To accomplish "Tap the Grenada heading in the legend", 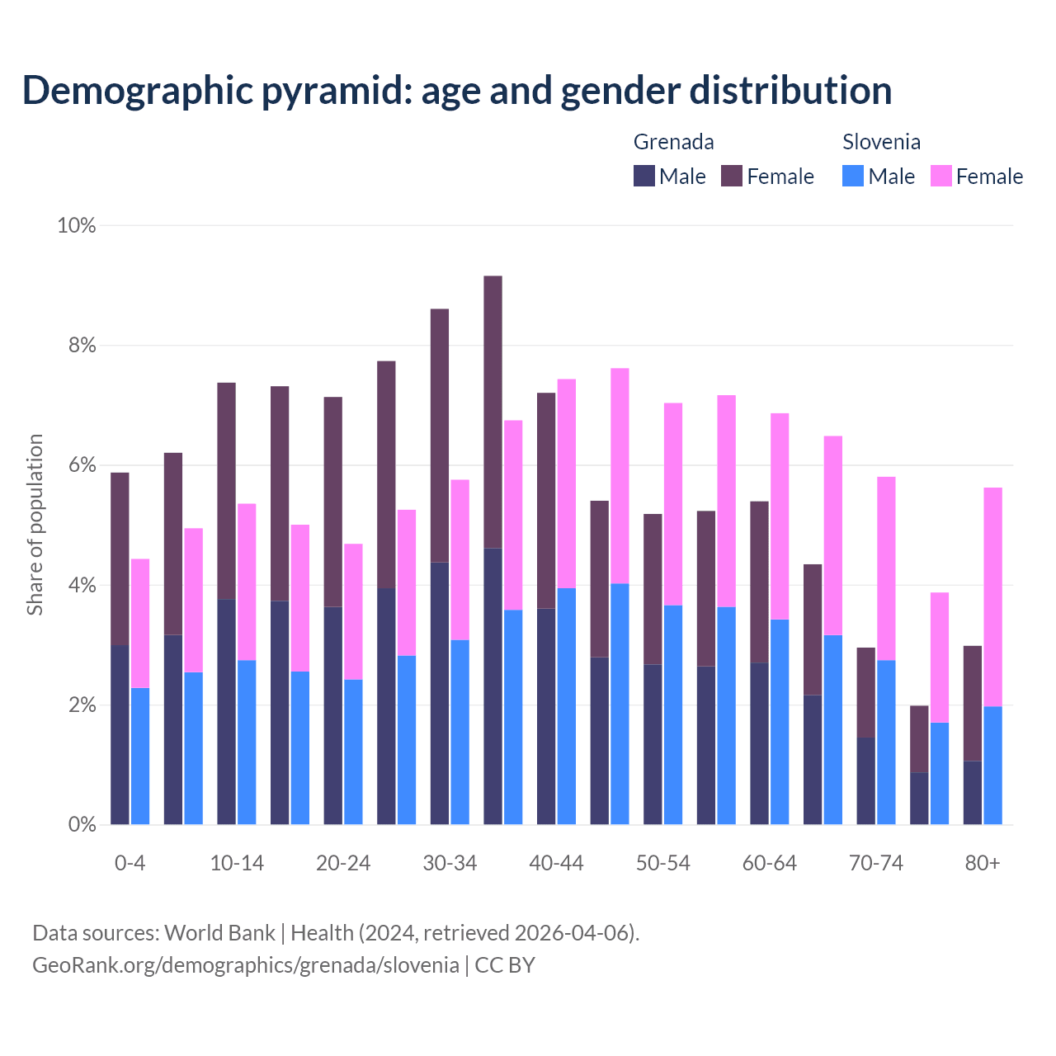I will click(673, 142).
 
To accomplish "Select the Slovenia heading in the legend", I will click(881, 142).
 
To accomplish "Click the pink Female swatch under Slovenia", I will click(940, 176).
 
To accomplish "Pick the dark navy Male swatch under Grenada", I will click(644, 176).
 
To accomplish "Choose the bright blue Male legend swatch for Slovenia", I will click(853, 176).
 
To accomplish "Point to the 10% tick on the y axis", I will click(77, 225).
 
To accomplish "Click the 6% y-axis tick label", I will click(82, 465).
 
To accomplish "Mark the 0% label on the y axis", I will click(82, 825).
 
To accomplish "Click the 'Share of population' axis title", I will click(35, 525).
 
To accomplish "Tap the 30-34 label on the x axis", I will click(450, 863).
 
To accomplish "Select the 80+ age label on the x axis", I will click(983, 863).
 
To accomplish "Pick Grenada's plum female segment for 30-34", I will click(440, 436).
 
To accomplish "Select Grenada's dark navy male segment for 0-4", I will click(120, 734).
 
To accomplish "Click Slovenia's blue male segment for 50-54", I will click(673, 714).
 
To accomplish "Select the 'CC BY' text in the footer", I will click(505, 965).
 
